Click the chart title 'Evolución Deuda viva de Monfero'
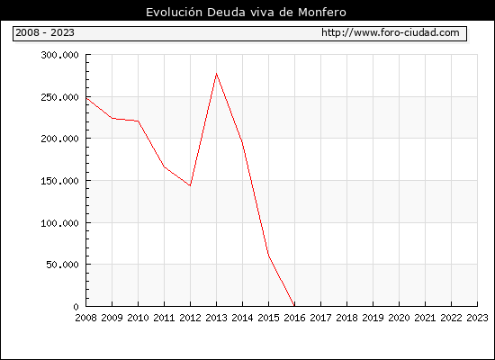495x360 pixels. (246, 13)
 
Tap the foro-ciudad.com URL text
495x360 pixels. (391, 32)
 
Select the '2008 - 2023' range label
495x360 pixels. (45, 32)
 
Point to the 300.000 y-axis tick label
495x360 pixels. (59, 55)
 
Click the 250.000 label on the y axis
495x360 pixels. (59, 97)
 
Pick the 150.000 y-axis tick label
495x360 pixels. (59, 181)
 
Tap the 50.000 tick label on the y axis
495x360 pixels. (62, 265)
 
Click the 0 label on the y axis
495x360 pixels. (76, 307)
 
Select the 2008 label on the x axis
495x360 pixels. (85, 318)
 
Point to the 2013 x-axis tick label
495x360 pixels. (216, 318)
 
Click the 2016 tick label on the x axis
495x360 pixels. (294, 318)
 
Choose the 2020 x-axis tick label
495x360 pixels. (399, 318)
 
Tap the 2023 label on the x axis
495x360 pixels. (477, 318)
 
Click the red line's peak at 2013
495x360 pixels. (216, 74)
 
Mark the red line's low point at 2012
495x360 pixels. (190, 185)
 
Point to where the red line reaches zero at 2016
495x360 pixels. (294, 306)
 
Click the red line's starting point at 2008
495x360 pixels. (86, 98)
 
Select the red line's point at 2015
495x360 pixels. (268, 255)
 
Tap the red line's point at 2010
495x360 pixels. (139, 121)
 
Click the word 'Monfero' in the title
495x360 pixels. (322, 13)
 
